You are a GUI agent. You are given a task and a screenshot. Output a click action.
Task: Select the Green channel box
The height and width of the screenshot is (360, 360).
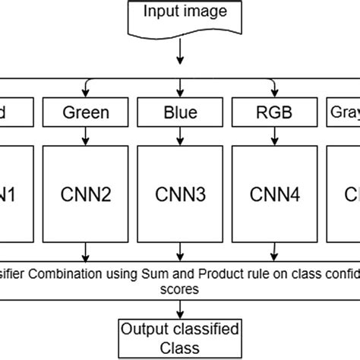85,113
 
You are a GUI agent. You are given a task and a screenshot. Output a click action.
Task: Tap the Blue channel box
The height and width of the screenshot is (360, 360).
179,113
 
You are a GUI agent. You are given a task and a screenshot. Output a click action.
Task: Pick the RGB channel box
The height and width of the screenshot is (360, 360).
273,113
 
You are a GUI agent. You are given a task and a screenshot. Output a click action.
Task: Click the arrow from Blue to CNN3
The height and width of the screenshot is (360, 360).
179,135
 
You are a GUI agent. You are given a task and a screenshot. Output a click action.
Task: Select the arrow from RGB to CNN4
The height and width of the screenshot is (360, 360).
273,135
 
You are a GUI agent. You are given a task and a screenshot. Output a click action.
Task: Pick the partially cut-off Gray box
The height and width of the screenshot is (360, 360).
344,113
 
